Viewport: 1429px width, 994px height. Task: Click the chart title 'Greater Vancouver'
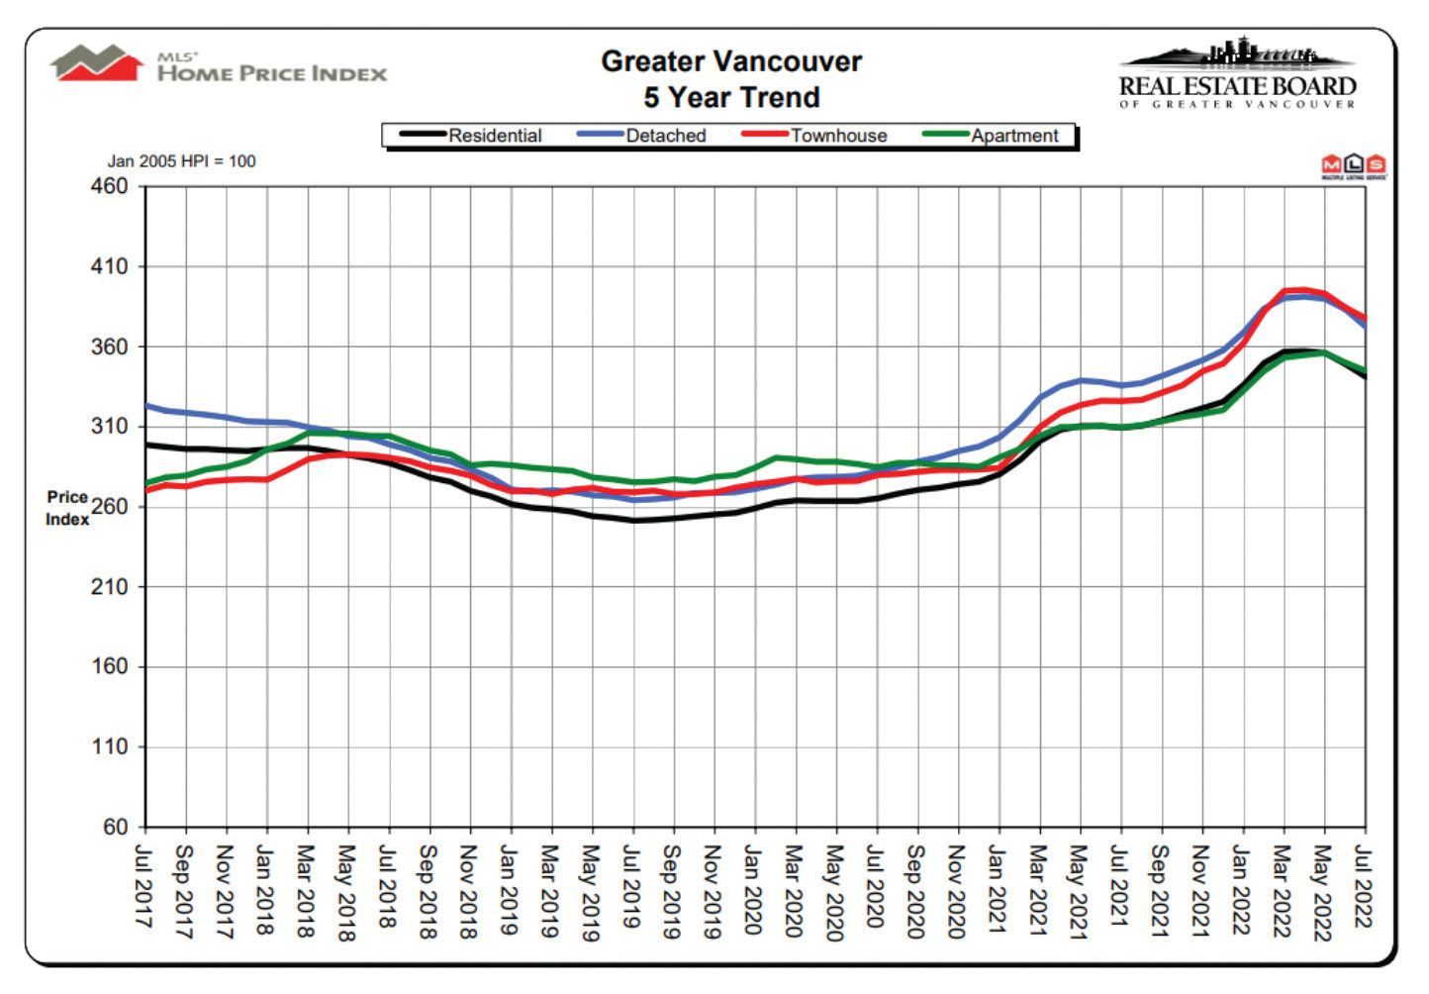point(731,62)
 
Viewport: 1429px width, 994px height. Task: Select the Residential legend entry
point(471,136)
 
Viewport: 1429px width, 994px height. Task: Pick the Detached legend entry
point(642,136)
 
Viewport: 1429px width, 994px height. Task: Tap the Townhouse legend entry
point(814,136)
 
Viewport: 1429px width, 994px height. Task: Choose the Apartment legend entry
point(991,136)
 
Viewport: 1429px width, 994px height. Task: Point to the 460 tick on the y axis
point(109,186)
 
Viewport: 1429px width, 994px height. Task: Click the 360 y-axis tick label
point(109,347)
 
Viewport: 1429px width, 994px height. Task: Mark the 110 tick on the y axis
point(109,746)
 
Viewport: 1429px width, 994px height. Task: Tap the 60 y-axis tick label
point(116,827)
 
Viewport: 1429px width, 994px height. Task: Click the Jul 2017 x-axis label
point(144,891)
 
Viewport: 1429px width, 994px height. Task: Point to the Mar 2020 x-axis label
point(795,891)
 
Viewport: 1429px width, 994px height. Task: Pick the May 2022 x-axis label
point(1324,892)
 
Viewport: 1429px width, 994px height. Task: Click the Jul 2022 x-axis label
point(1364,887)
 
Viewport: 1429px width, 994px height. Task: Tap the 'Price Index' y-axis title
point(67,508)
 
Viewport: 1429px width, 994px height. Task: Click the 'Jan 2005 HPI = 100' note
point(181,160)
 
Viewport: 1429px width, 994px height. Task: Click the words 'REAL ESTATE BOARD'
point(1238,86)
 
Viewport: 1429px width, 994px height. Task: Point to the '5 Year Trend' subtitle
point(731,98)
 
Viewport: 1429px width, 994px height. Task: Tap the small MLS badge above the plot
point(1353,166)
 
